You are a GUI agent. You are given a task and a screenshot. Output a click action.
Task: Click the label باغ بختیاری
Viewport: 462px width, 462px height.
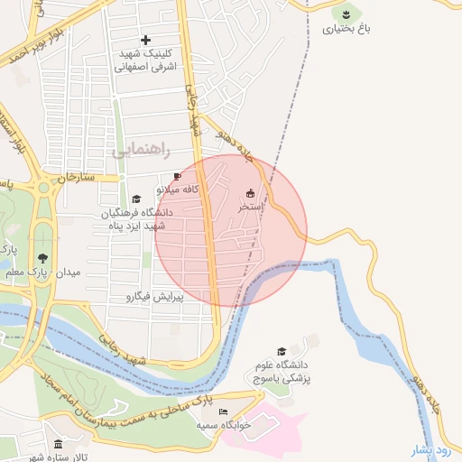coord(346,29)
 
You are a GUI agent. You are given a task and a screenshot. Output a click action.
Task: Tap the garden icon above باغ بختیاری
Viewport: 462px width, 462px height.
coord(346,13)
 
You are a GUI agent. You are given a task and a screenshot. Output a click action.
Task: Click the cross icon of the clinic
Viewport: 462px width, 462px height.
coord(146,40)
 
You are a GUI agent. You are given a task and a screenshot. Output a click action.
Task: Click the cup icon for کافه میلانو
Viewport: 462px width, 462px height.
coord(177,176)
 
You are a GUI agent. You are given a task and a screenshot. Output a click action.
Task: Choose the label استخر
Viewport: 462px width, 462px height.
coord(250,207)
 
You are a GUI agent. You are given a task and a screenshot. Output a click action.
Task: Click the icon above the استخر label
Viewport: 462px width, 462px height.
coord(250,192)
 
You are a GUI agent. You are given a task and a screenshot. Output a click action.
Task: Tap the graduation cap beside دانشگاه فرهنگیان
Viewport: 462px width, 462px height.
coord(136,199)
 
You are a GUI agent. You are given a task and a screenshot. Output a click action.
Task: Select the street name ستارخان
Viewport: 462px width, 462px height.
coord(75,177)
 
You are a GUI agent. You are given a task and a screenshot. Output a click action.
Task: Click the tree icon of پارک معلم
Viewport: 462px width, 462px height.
coord(42,258)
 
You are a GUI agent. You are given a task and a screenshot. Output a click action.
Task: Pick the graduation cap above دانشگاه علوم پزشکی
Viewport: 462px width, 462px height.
coord(282,351)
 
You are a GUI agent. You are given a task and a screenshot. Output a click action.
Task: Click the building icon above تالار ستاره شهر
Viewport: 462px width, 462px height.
coord(59,445)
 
